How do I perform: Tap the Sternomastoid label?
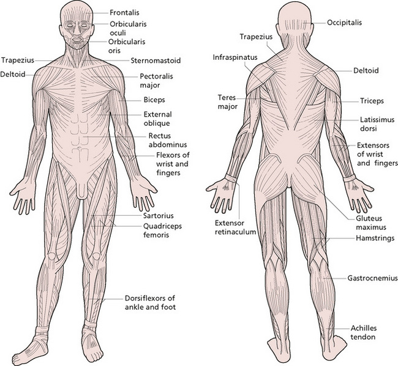(x=156, y=60)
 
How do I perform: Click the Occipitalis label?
(x=344, y=23)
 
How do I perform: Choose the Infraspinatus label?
(x=235, y=57)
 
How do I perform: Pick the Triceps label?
(x=371, y=100)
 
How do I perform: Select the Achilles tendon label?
(x=364, y=332)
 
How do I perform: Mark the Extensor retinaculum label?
(x=235, y=227)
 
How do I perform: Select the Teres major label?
(x=226, y=102)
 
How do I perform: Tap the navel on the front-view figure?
(x=80, y=148)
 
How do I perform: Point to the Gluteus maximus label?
(x=372, y=222)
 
